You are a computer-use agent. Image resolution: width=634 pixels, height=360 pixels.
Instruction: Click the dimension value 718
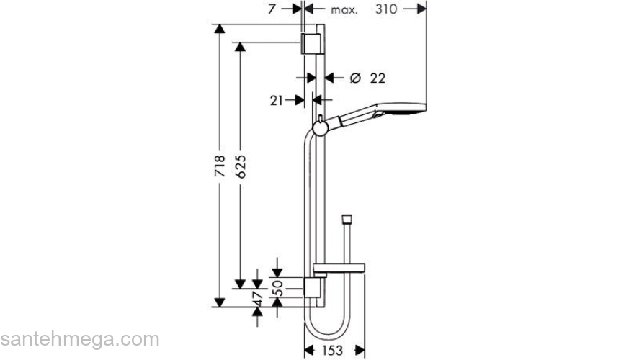tap(220, 166)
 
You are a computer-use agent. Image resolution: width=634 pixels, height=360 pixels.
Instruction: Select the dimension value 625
tap(240, 166)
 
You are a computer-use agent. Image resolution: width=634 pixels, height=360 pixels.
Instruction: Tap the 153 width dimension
tap(332, 351)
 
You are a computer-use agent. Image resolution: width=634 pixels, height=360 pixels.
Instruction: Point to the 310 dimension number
tap(386, 9)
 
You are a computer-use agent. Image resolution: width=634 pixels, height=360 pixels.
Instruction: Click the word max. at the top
tap(344, 9)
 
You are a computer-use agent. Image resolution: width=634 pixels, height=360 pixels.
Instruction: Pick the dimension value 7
tap(272, 9)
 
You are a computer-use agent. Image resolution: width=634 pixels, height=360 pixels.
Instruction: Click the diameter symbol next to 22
tap(355, 78)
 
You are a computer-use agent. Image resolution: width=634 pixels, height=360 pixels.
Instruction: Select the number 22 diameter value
tap(378, 78)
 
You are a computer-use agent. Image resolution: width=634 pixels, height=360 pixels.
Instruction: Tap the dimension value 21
tap(276, 101)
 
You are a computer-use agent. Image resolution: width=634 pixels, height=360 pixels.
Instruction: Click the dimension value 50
tap(278, 288)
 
